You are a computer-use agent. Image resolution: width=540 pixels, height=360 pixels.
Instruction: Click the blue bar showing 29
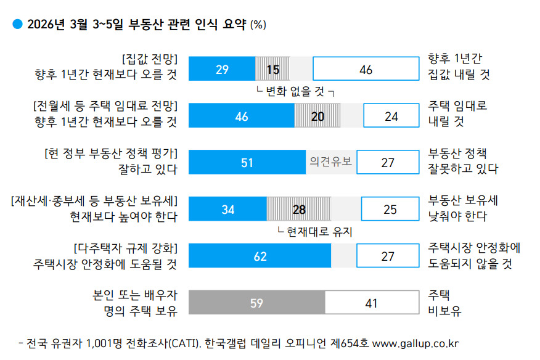[x=222, y=69]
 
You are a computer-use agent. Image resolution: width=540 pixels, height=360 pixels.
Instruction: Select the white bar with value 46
[x=366, y=69]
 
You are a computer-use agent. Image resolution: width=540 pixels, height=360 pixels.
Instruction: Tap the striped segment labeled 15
[x=272, y=69]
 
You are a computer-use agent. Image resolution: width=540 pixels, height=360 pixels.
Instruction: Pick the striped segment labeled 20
[x=317, y=116]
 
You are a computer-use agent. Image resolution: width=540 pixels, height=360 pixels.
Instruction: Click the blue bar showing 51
[x=247, y=163]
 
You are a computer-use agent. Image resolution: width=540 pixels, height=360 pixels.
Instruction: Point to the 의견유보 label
[x=330, y=163]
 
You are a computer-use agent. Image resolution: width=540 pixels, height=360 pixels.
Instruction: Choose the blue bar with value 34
[x=227, y=210]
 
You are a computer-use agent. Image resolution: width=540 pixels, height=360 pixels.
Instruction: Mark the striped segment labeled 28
[x=299, y=210]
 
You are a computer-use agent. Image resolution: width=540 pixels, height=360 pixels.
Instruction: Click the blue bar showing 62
[x=260, y=256]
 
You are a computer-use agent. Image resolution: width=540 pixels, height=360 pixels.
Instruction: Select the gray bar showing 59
[x=256, y=303]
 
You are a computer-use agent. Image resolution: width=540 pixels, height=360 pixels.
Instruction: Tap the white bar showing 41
[x=370, y=303]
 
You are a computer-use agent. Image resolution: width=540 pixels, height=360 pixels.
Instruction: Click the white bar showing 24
[x=390, y=116]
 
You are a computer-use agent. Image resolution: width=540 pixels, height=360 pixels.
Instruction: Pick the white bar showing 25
[x=390, y=210]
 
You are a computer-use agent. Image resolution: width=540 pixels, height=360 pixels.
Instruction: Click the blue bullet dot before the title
[x=17, y=24]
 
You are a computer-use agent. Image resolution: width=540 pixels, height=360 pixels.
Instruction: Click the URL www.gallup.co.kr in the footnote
[x=415, y=343]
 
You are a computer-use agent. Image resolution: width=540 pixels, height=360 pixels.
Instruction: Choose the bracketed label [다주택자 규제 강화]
[x=126, y=248]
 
